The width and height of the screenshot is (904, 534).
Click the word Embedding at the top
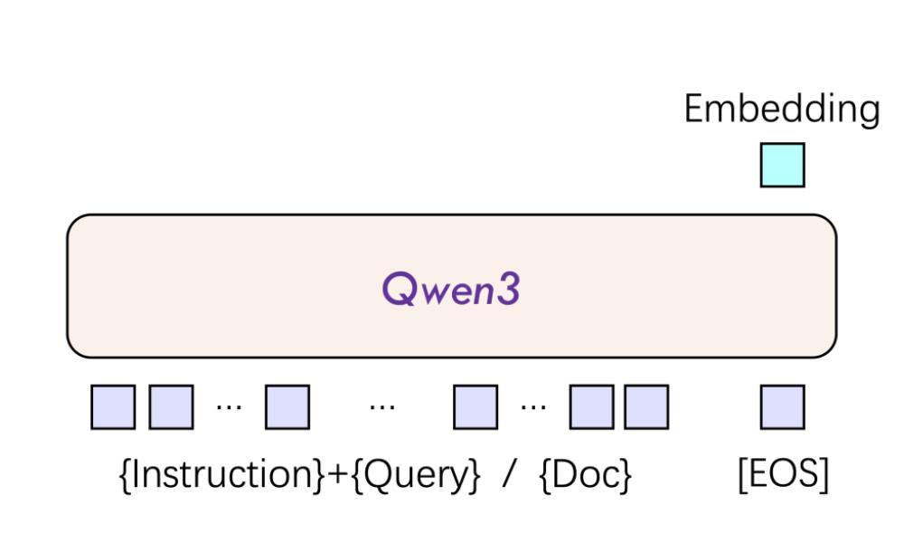(x=781, y=110)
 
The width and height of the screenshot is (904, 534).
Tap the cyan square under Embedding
(x=782, y=166)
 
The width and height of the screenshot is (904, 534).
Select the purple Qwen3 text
(x=451, y=289)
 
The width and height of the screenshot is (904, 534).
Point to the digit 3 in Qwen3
(x=509, y=289)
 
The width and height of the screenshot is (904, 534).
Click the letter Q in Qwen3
(x=398, y=289)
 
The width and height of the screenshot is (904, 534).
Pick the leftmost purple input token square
(x=113, y=406)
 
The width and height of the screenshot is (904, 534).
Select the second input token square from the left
(x=170, y=406)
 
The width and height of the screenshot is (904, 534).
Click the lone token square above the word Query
(x=287, y=406)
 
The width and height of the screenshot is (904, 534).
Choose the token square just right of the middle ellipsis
(x=475, y=406)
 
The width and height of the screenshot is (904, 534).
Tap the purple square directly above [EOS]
(x=782, y=406)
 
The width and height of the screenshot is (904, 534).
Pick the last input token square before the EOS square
(x=646, y=406)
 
